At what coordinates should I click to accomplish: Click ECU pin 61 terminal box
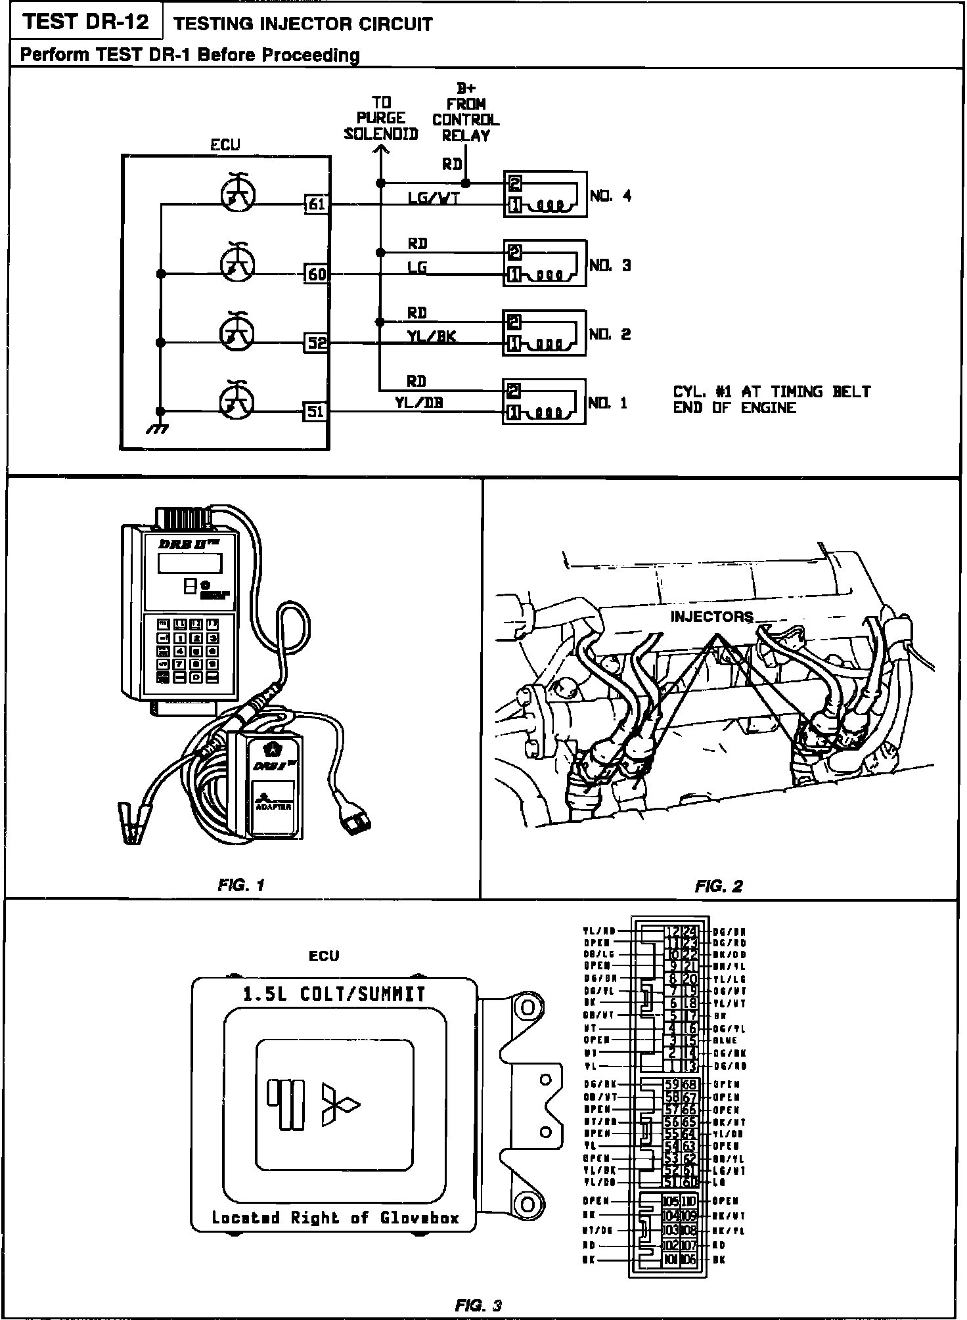click(x=317, y=204)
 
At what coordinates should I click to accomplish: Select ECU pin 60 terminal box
click(x=317, y=273)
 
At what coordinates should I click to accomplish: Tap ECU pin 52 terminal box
click(x=317, y=342)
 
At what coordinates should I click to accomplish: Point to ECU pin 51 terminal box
click(x=316, y=411)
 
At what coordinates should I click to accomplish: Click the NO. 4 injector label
click(x=610, y=196)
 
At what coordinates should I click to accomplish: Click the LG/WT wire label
click(x=433, y=197)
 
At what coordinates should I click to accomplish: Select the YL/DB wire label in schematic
click(x=418, y=403)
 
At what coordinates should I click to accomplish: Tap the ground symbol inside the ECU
click(x=158, y=428)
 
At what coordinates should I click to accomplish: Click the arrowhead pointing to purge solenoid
click(x=380, y=149)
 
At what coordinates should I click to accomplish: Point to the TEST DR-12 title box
click(x=85, y=22)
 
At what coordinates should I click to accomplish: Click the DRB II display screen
click(x=189, y=563)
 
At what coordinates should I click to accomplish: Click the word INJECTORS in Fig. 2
click(x=711, y=617)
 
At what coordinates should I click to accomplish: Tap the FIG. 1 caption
click(x=240, y=885)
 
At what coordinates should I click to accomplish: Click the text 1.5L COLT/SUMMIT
click(x=334, y=994)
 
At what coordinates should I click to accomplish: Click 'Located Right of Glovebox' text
click(x=334, y=1218)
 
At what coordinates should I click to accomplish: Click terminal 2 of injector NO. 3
click(x=515, y=251)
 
